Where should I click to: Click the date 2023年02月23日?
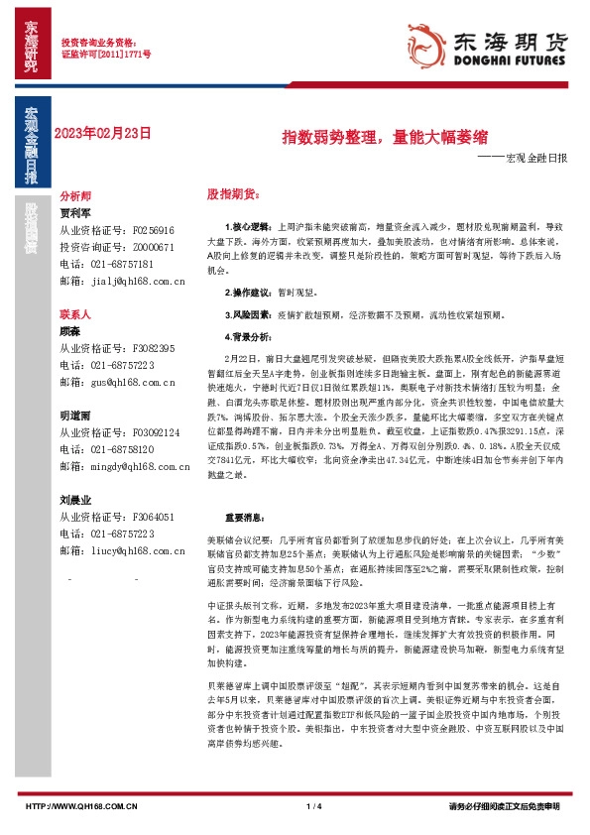pyautogui.click(x=104, y=133)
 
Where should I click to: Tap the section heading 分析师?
pyautogui.click(x=75, y=197)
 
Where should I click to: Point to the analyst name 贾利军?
pyautogui.click(x=75, y=212)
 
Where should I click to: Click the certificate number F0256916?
pyautogui.click(x=153, y=229)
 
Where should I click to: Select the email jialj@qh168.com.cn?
pyautogui.click(x=136, y=282)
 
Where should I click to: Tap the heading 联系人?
pyautogui.click(x=75, y=313)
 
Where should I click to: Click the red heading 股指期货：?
pyautogui.click(x=231, y=193)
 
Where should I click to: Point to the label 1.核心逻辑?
pyautogui.click(x=246, y=227)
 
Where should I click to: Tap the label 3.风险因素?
pyautogui.click(x=246, y=313)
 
